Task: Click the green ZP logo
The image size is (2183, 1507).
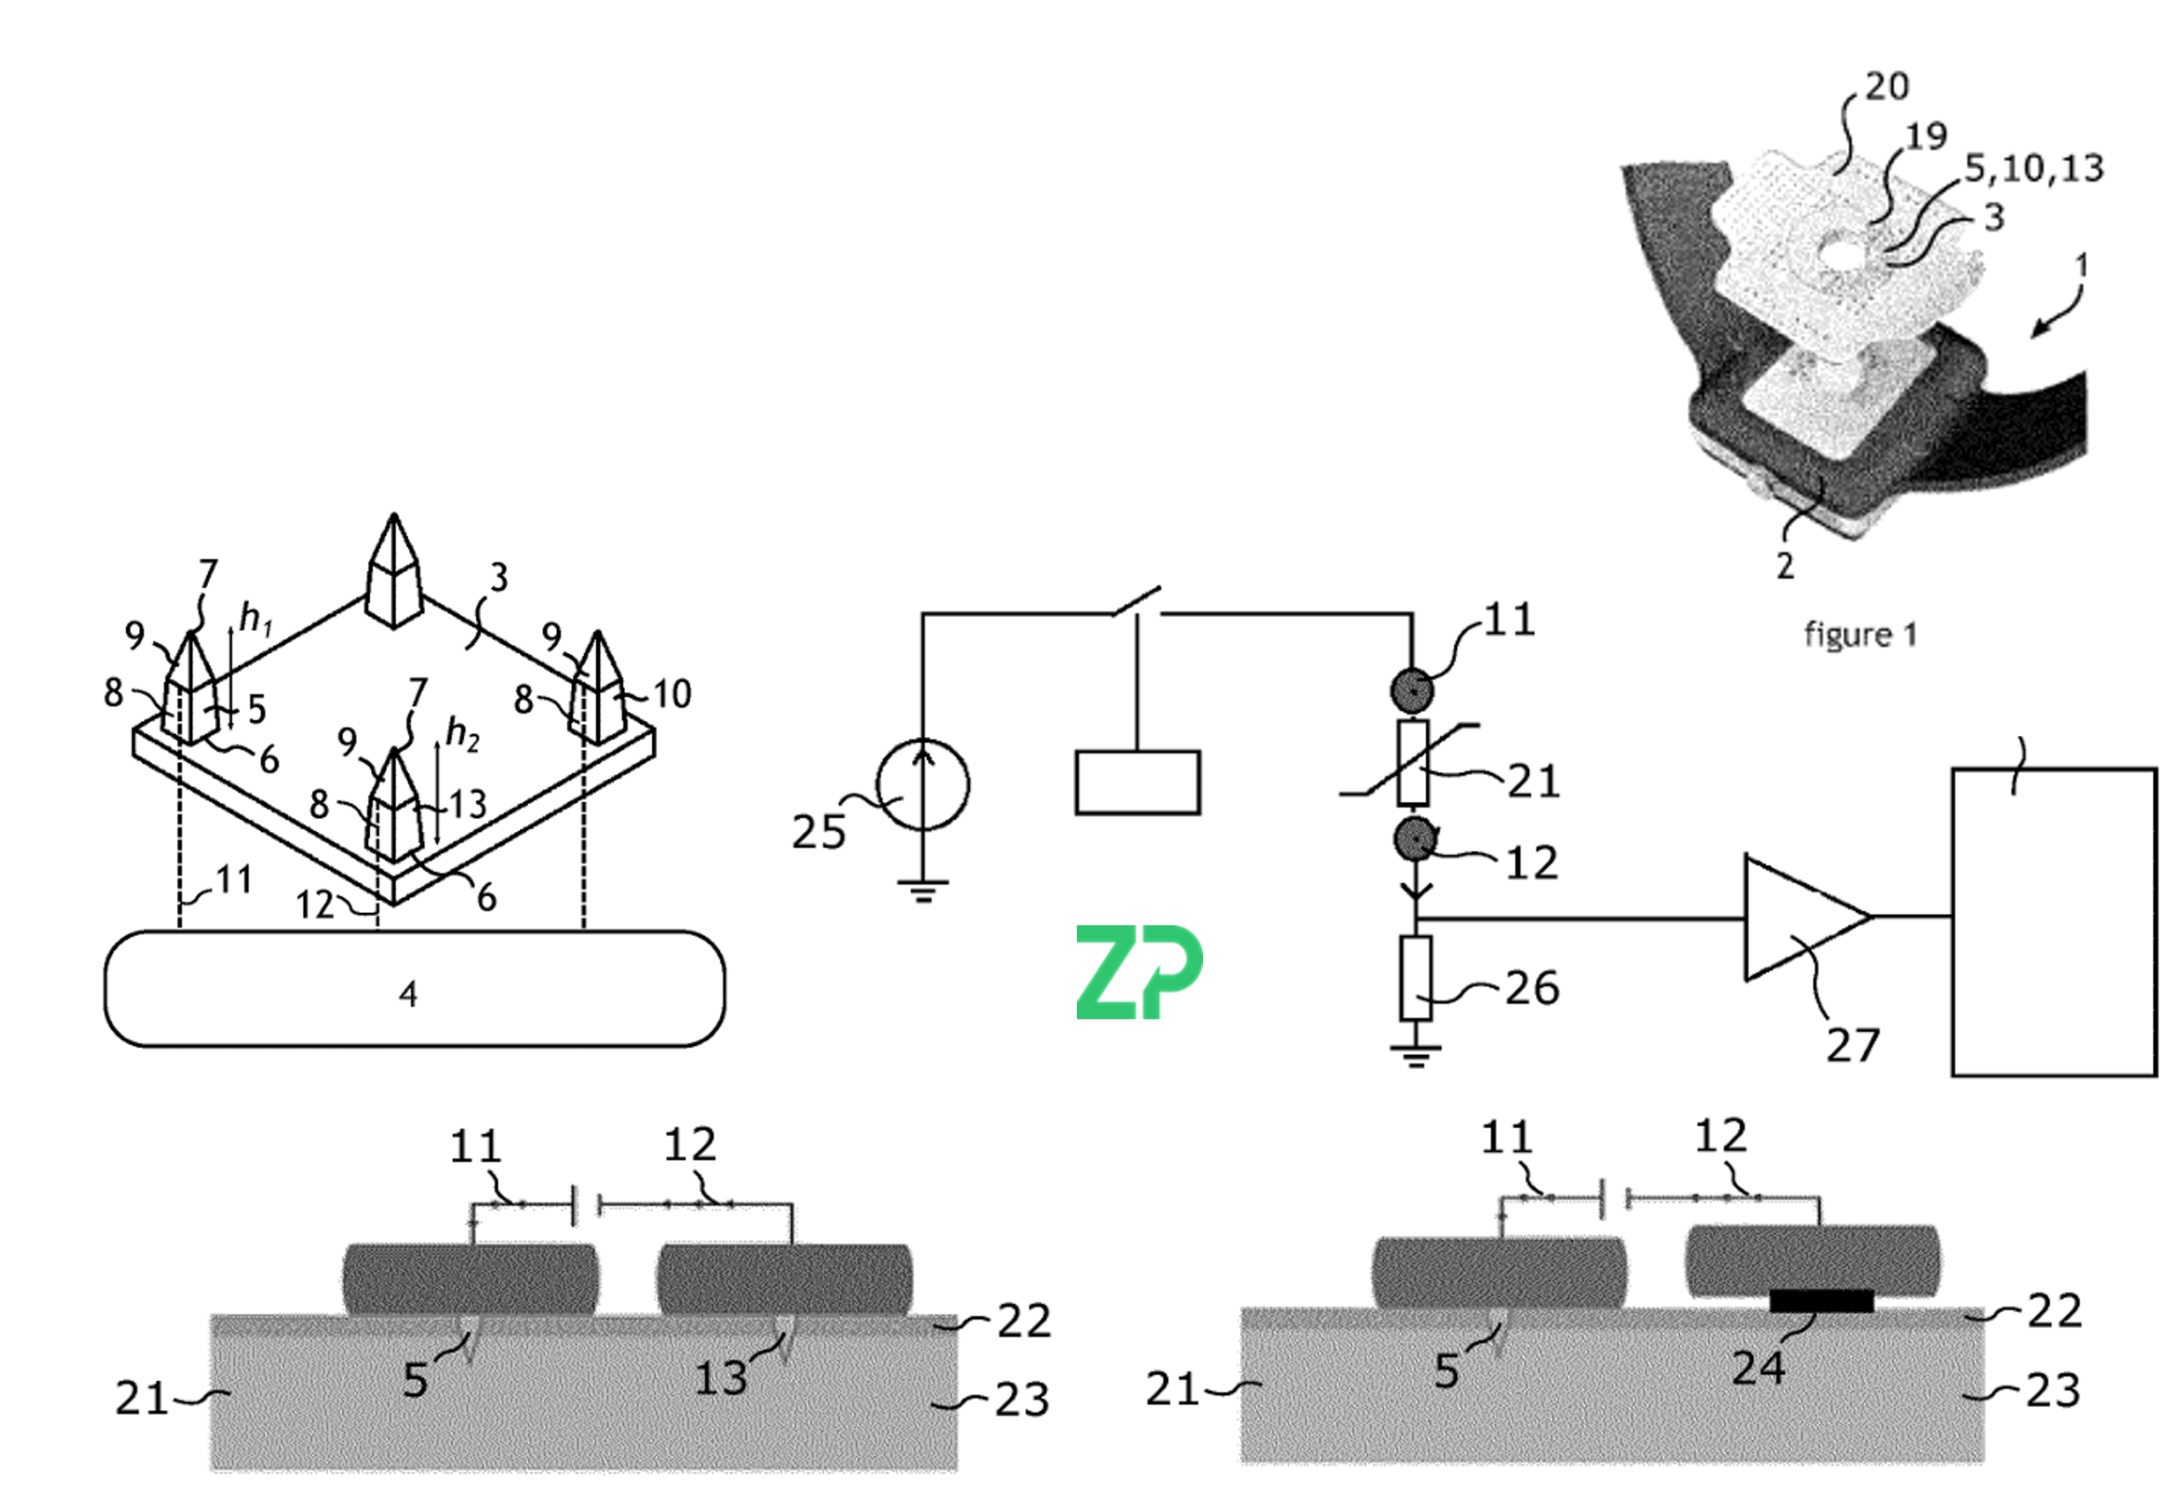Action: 1138,972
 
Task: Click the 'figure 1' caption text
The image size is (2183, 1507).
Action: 1860,634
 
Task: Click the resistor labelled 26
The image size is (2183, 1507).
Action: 1415,979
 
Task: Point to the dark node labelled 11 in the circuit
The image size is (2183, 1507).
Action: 1412,690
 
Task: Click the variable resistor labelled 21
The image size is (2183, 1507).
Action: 1413,763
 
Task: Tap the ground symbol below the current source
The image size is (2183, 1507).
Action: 923,890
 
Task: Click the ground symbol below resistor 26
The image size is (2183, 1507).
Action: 1415,1055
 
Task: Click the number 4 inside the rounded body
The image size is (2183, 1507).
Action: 408,993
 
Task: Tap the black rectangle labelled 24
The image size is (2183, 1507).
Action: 1821,1300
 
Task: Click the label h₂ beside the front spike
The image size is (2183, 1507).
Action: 462,734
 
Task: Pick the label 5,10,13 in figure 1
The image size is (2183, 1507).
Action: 2034,168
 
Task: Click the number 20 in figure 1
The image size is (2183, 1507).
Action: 1886,87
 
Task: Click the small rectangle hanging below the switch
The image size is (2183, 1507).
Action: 1138,782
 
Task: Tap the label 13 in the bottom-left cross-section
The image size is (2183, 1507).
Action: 721,1378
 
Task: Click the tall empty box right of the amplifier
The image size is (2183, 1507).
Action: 2053,921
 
